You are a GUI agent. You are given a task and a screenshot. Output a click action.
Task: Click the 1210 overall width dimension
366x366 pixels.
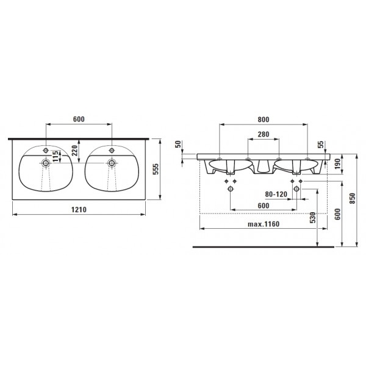click(79, 210)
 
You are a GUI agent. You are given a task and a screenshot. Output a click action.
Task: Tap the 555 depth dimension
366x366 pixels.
click(156, 169)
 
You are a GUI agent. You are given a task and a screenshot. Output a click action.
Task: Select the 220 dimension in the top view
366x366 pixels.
click(74, 151)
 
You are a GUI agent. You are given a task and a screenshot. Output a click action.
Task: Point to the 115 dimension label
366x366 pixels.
click(55, 156)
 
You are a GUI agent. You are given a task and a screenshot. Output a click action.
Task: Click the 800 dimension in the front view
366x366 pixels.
click(264, 120)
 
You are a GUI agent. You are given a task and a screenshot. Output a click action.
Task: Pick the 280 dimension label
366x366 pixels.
click(264, 134)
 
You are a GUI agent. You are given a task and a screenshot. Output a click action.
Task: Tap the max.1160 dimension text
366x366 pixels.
click(264, 224)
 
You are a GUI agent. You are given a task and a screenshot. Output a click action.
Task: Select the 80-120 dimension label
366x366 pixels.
click(276, 194)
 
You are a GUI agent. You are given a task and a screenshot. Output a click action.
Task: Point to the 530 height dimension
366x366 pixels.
click(313, 218)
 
